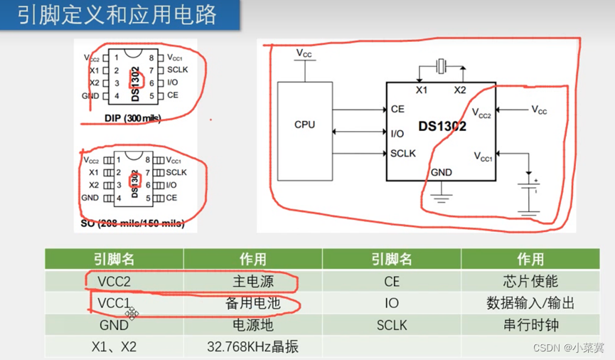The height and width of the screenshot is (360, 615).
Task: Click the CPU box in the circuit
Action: tap(304, 125)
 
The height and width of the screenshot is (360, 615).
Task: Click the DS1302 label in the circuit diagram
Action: tap(442, 127)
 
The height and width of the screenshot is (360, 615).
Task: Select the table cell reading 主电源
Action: tap(252, 282)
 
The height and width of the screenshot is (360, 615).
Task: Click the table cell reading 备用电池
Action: tap(252, 304)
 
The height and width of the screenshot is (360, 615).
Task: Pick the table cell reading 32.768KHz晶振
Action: tap(252, 347)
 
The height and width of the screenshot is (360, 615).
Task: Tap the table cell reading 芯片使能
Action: tap(530, 282)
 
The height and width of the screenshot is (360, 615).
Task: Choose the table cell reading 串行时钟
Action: tap(530, 325)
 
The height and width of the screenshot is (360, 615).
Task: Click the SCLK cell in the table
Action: tap(392, 325)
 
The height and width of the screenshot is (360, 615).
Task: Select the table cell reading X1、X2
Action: tap(114, 347)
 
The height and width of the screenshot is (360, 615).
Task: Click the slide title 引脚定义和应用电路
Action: tap(117, 15)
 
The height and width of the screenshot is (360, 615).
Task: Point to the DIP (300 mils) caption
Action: tap(132, 118)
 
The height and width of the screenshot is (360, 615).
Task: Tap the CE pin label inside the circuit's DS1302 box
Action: tap(397, 110)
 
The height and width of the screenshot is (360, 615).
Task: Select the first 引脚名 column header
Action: tap(114, 259)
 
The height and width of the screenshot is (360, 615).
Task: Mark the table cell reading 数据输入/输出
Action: tap(530, 304)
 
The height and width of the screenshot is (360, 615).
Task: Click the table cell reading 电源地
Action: tap(252, 325)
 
